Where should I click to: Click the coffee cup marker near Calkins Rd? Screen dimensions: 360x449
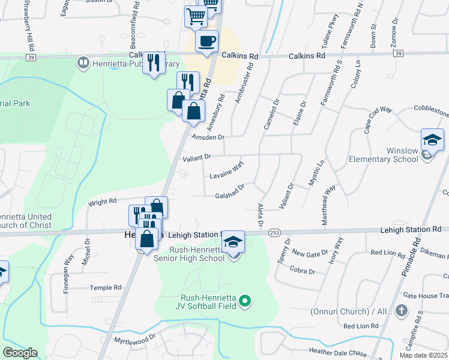click(207, 41)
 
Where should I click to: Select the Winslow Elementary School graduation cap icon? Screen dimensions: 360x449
click(432, 140)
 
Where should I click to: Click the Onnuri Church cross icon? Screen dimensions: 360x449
click(402, 311)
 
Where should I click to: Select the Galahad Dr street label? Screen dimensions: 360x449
click(230, 191)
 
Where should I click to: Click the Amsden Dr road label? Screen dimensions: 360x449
click(208, 137)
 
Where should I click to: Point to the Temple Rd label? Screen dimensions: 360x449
click(106, 288)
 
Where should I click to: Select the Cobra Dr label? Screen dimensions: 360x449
click(303, 271)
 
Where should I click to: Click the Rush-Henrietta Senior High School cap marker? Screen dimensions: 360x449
click(234, 242)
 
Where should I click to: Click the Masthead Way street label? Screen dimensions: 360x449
click(329, 205)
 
